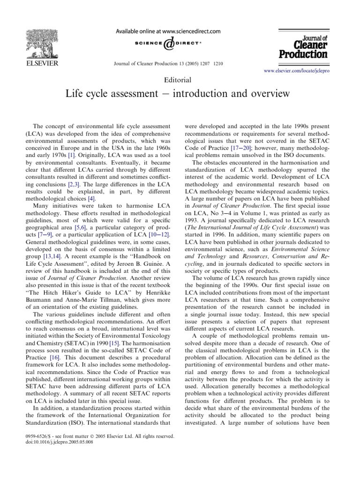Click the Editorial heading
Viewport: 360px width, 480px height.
click(180, 80)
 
